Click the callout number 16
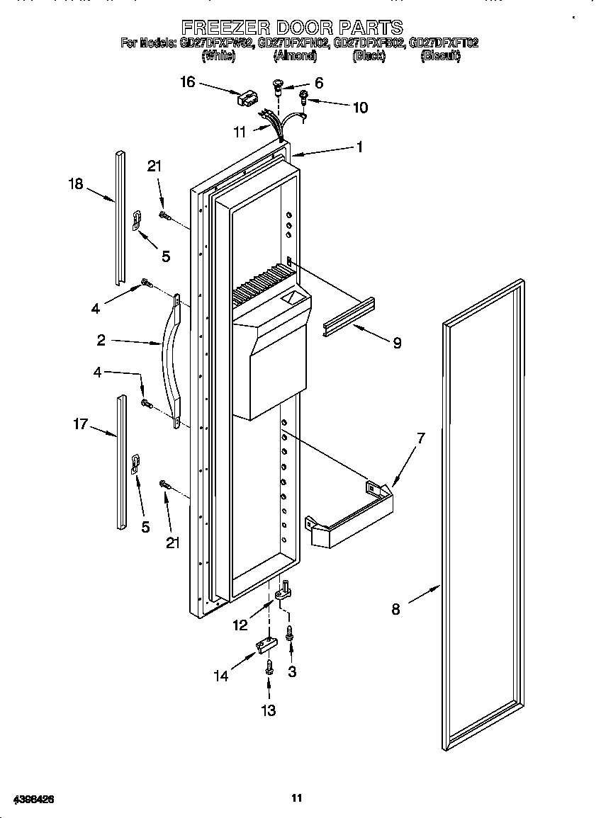pos(187,82)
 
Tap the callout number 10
pos(360,108)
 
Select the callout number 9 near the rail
pos(397,343)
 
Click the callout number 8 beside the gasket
pos(395,608)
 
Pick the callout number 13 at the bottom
pos(269,710)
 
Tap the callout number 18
pos(76,184)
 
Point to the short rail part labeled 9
pos(349,317)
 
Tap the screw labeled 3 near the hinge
pos(290,634)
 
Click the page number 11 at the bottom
pos(298,798)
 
